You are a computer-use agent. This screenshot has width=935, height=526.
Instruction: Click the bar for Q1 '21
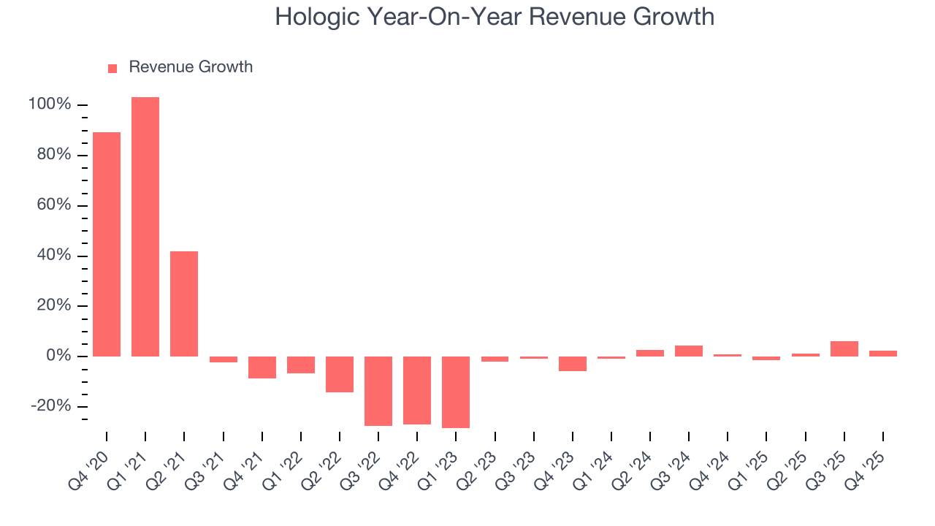click(x=145, y=226)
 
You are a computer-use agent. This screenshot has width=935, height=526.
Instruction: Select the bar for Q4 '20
click(x=107, y=244)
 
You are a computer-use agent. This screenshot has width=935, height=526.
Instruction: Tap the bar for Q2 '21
click(x=184, y=303)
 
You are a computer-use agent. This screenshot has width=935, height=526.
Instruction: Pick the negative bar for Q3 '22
click(x=378, y=391)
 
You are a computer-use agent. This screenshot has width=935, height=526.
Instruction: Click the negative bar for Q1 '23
click(x=456, y=392)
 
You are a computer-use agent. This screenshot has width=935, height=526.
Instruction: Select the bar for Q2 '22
click(x=340, y=374)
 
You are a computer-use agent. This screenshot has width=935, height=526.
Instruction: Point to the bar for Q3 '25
click(x=844, y=348)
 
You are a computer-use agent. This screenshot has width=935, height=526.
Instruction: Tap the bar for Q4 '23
click(x=573, y=364)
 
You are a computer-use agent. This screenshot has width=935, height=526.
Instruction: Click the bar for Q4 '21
click(x=262, y=367)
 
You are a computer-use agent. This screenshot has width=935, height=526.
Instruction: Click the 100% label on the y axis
click(x=50, y=104)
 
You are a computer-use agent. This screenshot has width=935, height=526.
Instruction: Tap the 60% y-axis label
click(x=53, y=205)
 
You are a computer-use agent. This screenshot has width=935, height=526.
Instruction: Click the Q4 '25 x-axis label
click(x=868, y=468)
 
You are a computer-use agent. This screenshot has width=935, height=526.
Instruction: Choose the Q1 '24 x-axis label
click(x=596, y=468)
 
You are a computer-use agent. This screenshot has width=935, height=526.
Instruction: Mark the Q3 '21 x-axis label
click(x=207, y=468)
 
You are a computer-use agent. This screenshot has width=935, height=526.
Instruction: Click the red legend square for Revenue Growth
click(x=112, y=68)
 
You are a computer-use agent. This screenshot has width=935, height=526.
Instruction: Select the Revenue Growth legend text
click(x=191, y=67)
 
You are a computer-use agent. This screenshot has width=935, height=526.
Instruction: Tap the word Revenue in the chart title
click(x=559, y=17)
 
